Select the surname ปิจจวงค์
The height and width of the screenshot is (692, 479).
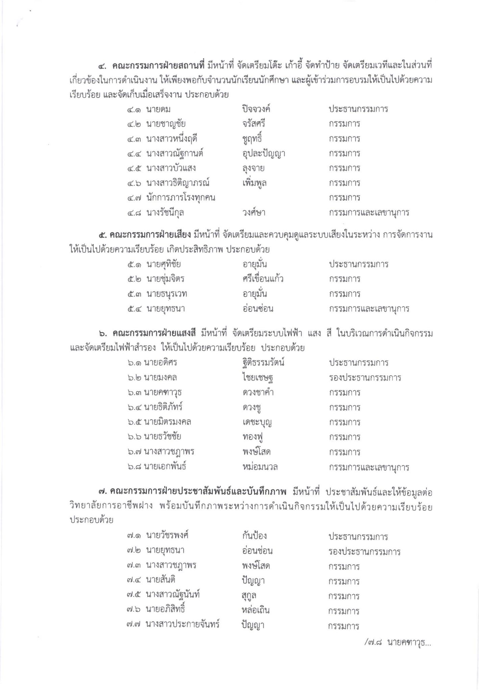256,109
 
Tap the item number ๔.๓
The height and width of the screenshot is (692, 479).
135,139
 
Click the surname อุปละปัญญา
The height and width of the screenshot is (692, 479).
262,154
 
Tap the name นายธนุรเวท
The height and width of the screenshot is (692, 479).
167,294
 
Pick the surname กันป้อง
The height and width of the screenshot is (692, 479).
253,536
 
